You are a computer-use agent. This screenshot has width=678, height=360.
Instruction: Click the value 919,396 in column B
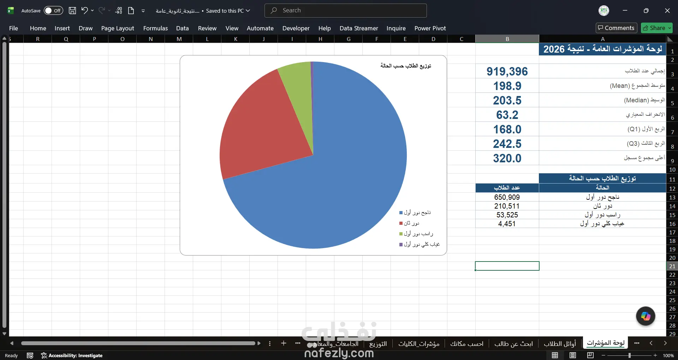click(507, 71)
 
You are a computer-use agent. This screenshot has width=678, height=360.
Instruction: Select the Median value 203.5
click(507, 100)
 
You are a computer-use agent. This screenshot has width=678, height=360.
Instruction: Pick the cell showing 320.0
click(507, 158)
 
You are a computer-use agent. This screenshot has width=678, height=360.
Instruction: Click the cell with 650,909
click(507, 197)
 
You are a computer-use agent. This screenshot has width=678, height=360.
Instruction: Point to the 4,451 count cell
click(507, 223)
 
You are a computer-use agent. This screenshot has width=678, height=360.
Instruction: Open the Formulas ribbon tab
click(155, 28)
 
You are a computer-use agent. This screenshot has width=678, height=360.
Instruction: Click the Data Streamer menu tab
click(359, 28)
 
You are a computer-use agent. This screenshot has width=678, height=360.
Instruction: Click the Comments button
click(616, 28)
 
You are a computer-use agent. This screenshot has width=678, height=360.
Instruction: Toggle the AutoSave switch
click(53, 11)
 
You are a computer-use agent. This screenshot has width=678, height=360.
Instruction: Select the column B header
click(507, 39)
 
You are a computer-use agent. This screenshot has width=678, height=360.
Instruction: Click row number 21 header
click(672, 266)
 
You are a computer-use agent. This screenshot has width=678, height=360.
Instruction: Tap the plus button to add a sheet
click(284, 343)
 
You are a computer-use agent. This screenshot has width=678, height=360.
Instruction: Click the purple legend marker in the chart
click(401, 244)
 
